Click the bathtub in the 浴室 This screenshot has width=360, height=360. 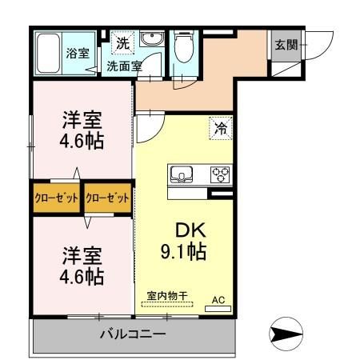48,53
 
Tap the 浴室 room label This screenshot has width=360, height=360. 78,54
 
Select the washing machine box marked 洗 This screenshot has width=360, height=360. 122,43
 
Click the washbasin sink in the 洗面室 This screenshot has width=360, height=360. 152,39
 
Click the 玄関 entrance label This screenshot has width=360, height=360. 286,45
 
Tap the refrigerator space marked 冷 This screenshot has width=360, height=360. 221,128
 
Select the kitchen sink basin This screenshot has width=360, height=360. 182,174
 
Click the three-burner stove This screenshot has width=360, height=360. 220,174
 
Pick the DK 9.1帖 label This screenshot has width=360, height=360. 184,241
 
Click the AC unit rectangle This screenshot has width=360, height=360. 218,309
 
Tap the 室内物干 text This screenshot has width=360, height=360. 167,296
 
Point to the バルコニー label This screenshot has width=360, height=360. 133,334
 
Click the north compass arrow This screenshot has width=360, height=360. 286,334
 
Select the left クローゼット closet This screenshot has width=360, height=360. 57,198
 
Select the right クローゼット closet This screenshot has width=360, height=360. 108,198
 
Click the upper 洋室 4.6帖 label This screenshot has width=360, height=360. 82,130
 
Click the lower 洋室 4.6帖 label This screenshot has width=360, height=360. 82,266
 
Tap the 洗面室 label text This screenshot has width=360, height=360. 124,66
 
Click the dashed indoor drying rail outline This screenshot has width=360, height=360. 167,304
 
